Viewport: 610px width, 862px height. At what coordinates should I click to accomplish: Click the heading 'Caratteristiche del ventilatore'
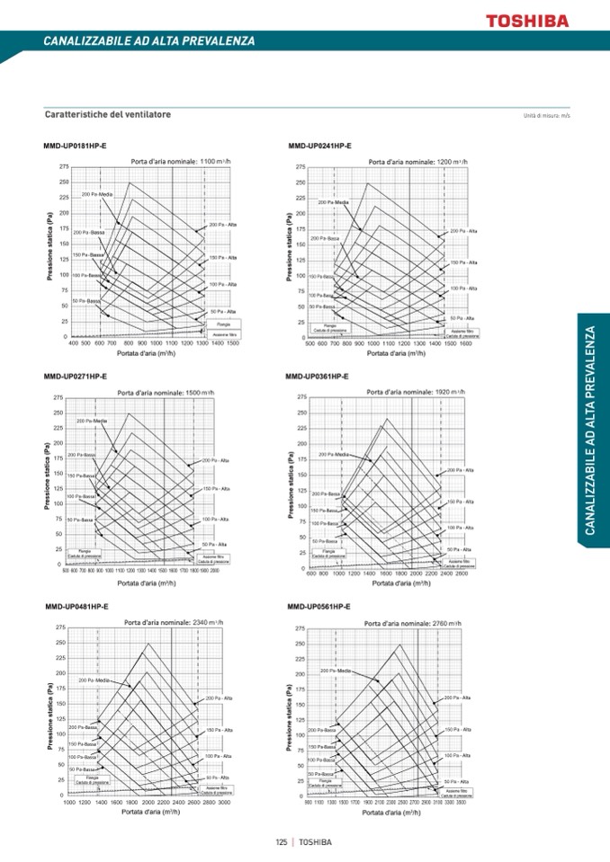click(107, 115)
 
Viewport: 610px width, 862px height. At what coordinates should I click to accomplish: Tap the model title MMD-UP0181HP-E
click(75, 146)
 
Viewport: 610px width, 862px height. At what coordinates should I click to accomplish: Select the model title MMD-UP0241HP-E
click(319, 146)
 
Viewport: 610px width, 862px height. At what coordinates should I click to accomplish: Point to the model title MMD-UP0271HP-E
click(75, 376)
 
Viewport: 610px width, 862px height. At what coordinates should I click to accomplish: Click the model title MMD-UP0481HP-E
click(76, 607)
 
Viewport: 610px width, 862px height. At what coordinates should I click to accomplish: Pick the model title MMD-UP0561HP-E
click(318, 607)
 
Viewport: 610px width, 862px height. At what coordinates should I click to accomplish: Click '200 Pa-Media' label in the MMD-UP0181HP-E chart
click(96, 194)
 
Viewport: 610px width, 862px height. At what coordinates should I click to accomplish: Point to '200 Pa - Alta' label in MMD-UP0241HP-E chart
click(463, 231)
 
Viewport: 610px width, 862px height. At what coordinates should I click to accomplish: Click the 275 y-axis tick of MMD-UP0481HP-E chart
click(59, 627)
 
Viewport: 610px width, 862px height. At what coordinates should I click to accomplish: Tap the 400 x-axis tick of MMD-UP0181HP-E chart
click(73, 342)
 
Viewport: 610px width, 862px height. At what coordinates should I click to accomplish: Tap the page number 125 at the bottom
click(282, 842)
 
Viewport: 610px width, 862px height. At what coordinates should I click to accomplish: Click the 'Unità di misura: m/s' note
click(546, 116)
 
